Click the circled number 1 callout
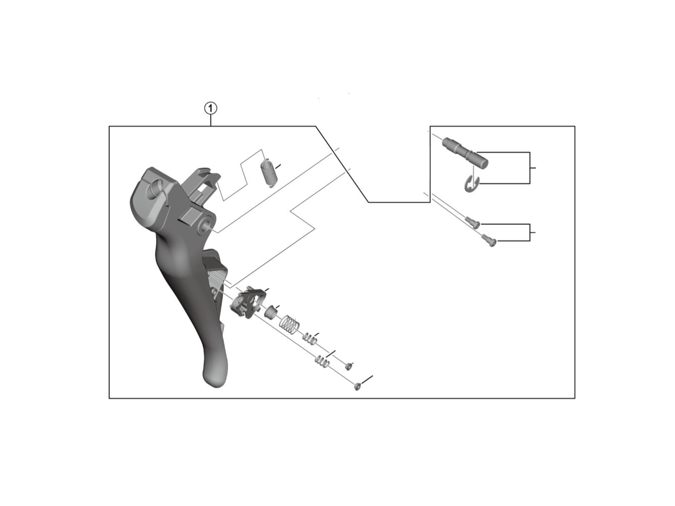(211, 108)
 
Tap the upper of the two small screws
(472, 223)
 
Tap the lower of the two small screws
(489, 240)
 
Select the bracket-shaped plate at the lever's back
(248, 302)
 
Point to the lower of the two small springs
(322, 362)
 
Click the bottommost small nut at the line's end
(357, 387)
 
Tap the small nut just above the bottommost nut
(348, 366)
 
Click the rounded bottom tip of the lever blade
(215, 380)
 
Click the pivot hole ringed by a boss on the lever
(206, 226)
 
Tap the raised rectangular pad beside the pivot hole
(189, 215)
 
